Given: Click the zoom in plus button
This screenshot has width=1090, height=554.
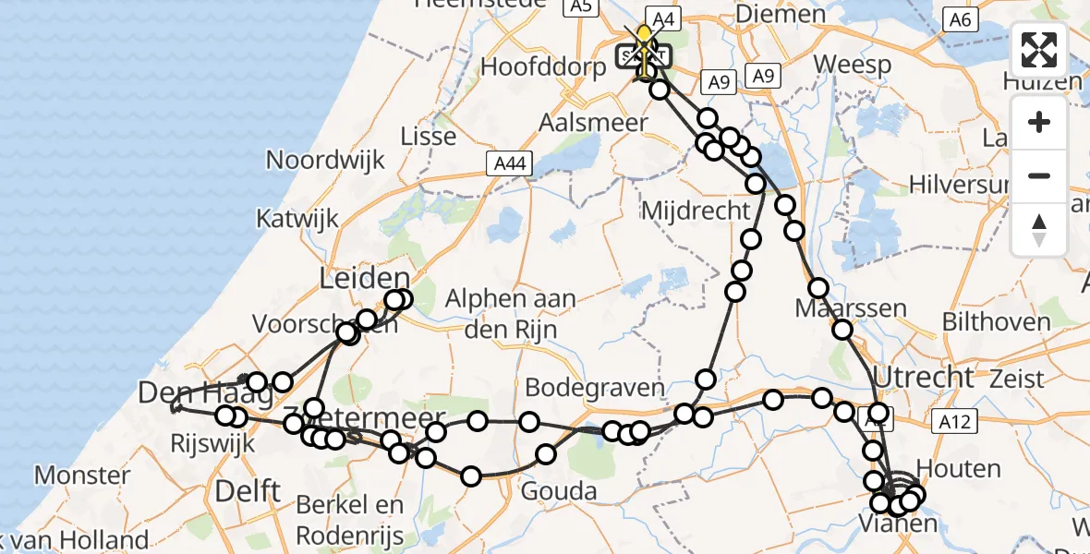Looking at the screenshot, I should (1039, 122).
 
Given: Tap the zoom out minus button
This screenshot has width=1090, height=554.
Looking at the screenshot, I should (1039, 175).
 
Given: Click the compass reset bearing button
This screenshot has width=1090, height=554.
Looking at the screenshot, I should (1039, 229).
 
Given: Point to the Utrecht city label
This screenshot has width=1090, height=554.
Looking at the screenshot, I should (924, 377).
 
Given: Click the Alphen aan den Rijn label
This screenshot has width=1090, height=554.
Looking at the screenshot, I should (511, 311).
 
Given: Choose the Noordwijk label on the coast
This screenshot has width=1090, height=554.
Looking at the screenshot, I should (325, 160).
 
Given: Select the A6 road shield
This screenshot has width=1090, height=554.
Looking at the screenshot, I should (962, 19).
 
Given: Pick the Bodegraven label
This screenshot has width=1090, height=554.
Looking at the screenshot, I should (595, 386).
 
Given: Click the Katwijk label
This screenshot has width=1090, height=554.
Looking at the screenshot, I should (297, 220).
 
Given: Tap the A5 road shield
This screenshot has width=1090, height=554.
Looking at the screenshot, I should (579, 6).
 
